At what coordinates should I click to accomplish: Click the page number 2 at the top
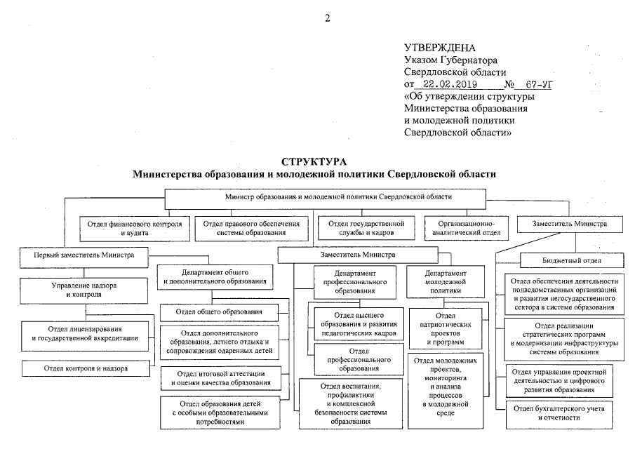click(327, 18)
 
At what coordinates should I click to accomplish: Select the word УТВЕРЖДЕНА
click(440, 48)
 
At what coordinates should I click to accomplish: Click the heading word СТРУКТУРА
click(314, 161)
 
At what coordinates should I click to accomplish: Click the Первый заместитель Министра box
click(83, 256)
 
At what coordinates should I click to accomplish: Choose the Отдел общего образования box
click(220, 311)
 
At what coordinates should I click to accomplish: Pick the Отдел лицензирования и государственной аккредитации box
click(85, 334)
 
